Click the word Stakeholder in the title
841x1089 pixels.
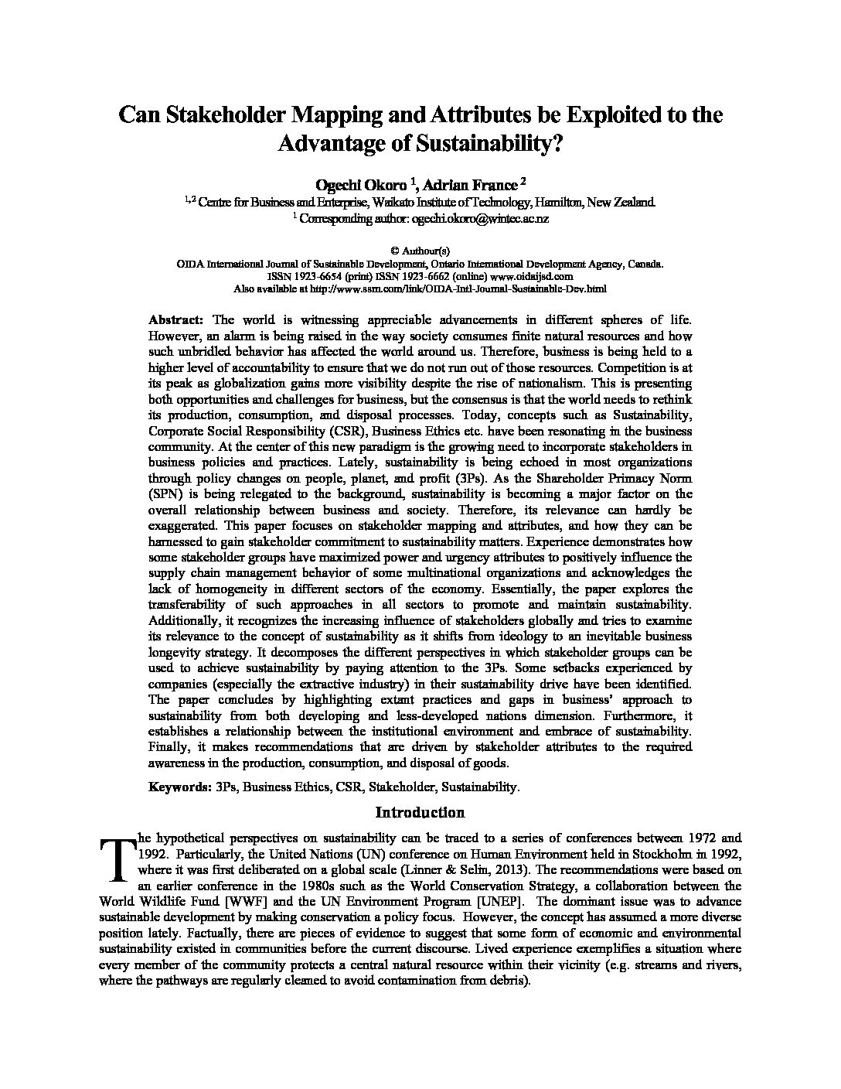pyautogui.click(x=218, y=114)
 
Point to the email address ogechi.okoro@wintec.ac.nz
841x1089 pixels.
pyautogui.click(x=480, y=219)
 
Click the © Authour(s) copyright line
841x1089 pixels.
pyautogui.click(x=420, y=251)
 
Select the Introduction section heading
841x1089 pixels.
pyautogui.click(x=420, y=812)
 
